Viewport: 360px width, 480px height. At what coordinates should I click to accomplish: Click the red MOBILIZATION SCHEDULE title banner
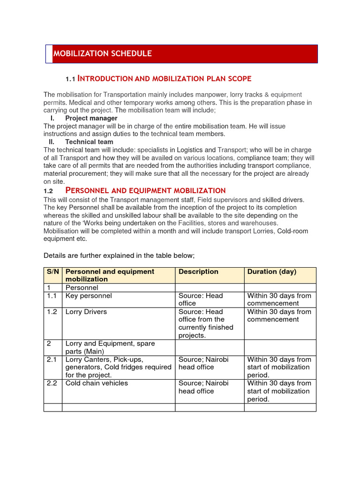click(x=182, y=53)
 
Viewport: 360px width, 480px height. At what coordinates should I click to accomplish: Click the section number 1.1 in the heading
click(x=70, y=79)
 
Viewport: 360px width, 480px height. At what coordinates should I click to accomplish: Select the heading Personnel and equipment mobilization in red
click(x=145, y=190)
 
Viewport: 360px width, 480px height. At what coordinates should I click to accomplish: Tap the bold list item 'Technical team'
click(x=89, y=142)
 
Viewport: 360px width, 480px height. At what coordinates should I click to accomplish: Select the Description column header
click(x=198, y=272)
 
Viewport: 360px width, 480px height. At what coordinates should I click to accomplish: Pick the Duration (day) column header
click(x=271, y=272)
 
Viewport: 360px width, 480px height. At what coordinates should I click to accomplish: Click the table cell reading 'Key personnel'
click(x=89, y=296)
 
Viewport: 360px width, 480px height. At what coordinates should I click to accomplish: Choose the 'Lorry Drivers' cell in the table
click(x=86, y=312)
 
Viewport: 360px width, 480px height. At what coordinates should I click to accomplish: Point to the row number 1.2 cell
click(x=52, y=312)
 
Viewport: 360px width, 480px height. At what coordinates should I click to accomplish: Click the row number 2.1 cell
click(x=52, y=360)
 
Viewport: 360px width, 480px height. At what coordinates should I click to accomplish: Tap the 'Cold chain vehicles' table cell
click(x=97, y=383)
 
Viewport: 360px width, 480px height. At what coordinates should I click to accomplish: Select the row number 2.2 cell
click(x=52, y=383)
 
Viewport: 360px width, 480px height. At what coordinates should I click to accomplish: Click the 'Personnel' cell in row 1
click(x=82, y=288)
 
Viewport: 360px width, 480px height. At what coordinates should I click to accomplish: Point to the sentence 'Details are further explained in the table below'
click(x=119, y=255)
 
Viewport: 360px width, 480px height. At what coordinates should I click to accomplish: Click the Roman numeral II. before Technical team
click(x=52, y=142)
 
